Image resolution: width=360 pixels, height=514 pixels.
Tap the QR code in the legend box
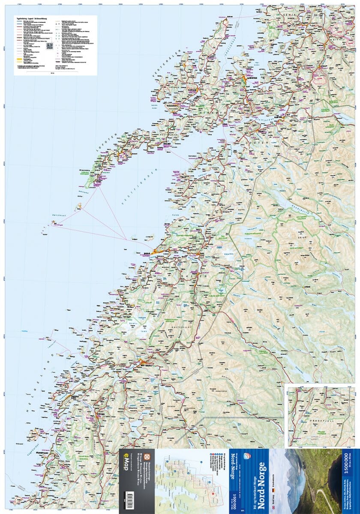(x=49, y=47)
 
